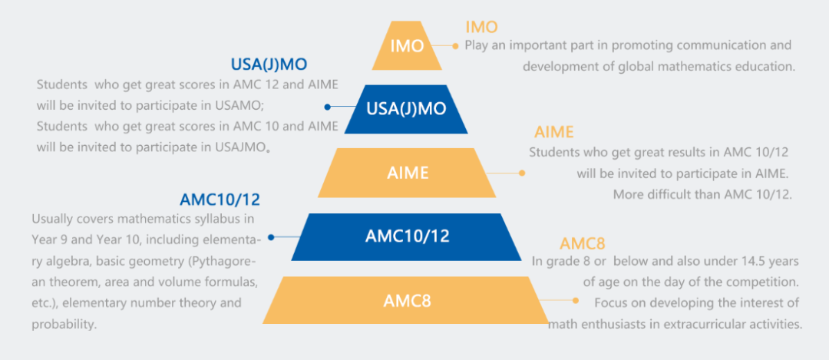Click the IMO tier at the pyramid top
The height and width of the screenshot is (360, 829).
tap(406, 46)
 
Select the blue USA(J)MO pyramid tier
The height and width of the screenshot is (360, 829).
tap(406, 108)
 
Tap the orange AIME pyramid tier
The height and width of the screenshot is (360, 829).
tap(407, 172)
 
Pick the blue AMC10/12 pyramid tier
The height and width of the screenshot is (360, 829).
tap(407, 236)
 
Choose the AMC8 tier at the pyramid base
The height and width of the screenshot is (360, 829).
tap(407, 300)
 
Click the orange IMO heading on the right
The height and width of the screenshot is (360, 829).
tap(481, 28)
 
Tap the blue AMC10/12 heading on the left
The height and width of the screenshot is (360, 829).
tap(220, 200)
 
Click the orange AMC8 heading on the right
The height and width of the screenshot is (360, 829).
tap(582, 244)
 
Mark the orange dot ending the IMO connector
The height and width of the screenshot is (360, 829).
tap(456, 45)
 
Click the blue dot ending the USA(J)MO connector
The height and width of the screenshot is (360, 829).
tap(328, 107)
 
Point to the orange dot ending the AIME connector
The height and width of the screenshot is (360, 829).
tap(521, 173)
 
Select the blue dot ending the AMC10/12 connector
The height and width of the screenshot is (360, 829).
tap(271, 236)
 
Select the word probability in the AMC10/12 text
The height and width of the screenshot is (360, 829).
tap(64, 324)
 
